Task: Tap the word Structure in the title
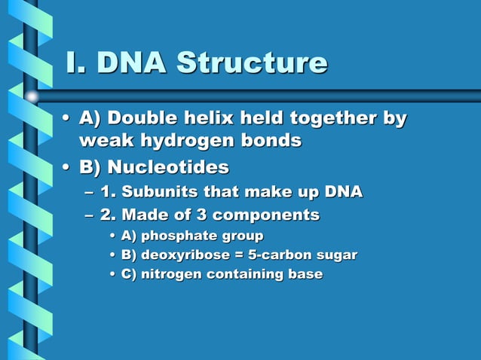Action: (252, 63)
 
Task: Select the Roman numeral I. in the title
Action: (75, 63)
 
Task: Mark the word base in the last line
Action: (304, 274)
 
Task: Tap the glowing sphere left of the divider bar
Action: (32, 96)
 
